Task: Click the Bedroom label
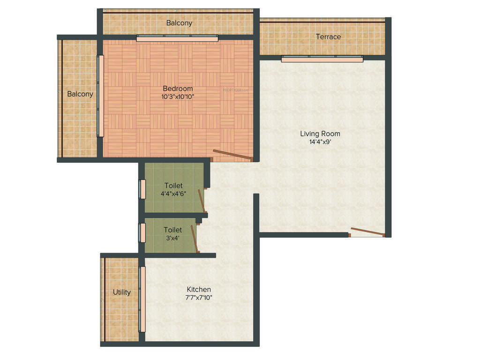pyautogui.click(x=178, y=89)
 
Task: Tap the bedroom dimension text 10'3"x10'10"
pyautogui.click(x=178, y=97)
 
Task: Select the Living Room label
pyautogui.click(x=320, y=134)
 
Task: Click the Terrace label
pyautogui.click(x=328, y=37)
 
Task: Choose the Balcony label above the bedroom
pyautogui.click(x=179, y=22)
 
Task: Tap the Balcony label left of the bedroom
pyautogui.click(x=80, y=94)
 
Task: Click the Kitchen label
pyautogui.click(x=199, y=289)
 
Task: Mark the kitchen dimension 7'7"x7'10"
pyautogui.click(x=199, y=297)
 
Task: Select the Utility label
pyautogui.click(x=121, y=292)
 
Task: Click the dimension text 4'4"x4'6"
pyautogui.click(x=173, y=194)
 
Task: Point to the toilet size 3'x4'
pyautogui.click(x=172, y=238)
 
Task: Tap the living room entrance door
pyautogui.click(x=367, y=232)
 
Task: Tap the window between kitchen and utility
pyautogui.click(x=142, y=299)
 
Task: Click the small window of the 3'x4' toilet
pyautogui.click(x=142, y=232)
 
